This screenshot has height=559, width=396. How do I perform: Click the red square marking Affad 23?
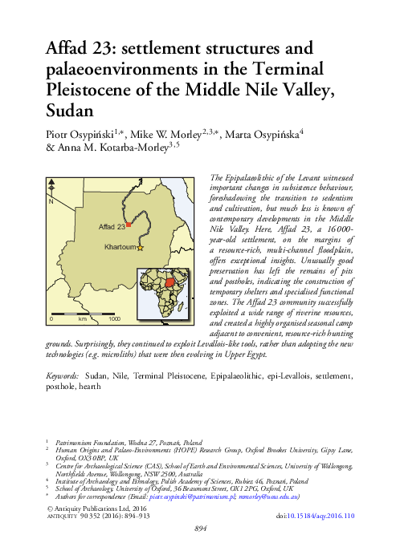128,226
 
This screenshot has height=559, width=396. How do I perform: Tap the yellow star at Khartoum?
140,249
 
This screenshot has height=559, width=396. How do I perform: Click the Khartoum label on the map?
120,249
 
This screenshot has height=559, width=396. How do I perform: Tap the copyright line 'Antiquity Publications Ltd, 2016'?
100,508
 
